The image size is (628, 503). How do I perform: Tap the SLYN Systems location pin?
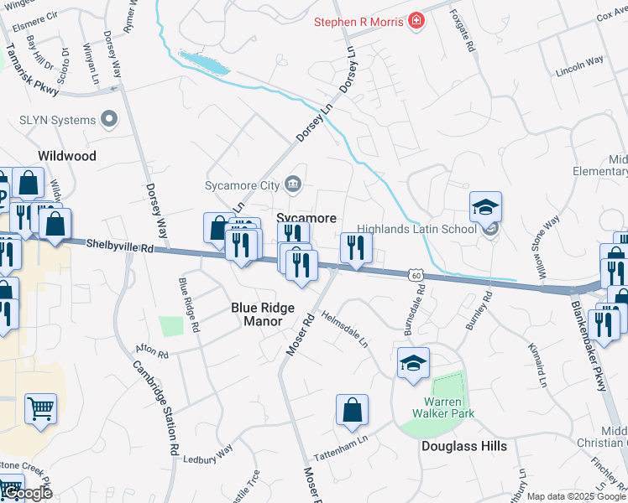tap(108, 120)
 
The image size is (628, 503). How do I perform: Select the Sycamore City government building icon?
tap(293, 184)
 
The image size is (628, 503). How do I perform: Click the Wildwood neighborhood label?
tap(67, 156)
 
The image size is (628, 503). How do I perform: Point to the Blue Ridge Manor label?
tap(263, 314)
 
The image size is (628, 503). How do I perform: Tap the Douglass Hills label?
tap(463, 446)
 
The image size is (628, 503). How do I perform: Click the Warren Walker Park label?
tap(443, 407)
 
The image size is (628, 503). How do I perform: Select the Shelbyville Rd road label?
tap(120, 246)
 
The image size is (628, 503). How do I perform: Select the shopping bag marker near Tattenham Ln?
tap(353, 410)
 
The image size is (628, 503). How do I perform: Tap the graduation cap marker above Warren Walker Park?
tap(412, 363)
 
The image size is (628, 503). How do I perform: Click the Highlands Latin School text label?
tap(416, 228)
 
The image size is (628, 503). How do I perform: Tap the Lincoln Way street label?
tap(579, 66)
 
